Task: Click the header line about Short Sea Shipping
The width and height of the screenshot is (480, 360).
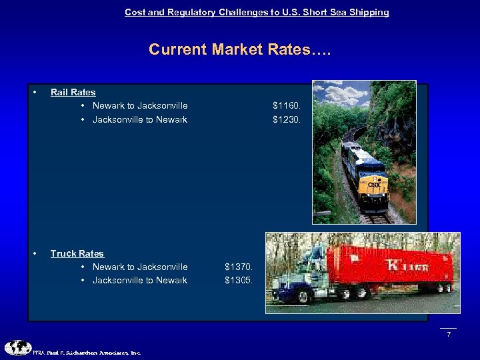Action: [257, 12]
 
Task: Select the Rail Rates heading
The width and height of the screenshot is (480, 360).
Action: [73, 92]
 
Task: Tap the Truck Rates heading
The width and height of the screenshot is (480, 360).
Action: [77, 253]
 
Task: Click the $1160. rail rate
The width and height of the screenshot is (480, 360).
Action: [287, 105]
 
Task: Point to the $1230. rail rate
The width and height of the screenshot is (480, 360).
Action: [287, 120]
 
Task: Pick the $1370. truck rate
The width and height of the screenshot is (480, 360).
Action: [239, 267]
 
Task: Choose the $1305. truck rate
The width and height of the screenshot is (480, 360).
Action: [239, 281]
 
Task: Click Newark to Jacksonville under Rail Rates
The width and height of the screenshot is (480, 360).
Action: [140, 105]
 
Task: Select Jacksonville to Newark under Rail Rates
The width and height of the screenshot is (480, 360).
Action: [140, 120]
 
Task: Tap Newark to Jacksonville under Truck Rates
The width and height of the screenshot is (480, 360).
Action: [140, 267]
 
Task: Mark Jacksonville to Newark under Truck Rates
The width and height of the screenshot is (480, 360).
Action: [140, 281]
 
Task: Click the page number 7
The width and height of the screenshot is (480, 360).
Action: [449, 334]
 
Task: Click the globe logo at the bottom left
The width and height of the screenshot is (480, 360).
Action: [17, 347]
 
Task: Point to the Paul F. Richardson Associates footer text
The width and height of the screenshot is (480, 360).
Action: [87, 353]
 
